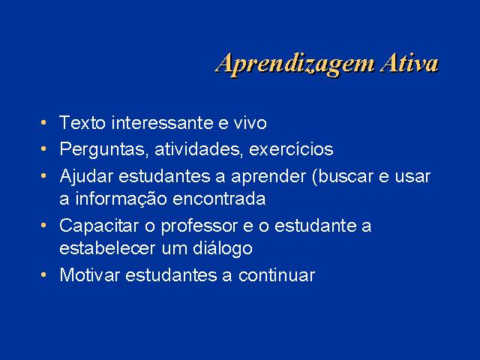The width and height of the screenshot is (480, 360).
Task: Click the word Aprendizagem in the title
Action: point(295,65)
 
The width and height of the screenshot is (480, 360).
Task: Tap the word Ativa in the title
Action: point(409,63)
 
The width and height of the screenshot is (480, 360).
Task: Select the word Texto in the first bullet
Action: point(82,122)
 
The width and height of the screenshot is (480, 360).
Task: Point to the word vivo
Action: point(250,122)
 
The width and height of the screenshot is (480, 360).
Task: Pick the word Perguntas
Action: point(103,150)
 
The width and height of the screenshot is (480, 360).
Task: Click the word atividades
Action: point(198,149)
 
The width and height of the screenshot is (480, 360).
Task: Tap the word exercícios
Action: point(291,149)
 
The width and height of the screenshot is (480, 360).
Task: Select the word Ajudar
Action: point(86,177)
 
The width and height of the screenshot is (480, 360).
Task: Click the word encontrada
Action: point(219,198)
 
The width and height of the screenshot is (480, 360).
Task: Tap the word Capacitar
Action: point(99,226)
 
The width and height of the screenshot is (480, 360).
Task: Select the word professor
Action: point(199,226)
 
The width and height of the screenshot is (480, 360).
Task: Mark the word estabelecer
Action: point(107,248)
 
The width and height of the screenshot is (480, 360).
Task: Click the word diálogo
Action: point(223,249)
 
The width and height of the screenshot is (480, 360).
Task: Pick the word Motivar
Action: point(89,274)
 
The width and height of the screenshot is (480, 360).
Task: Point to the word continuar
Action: point(277,274)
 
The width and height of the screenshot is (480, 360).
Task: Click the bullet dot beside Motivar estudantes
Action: point(43,274)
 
